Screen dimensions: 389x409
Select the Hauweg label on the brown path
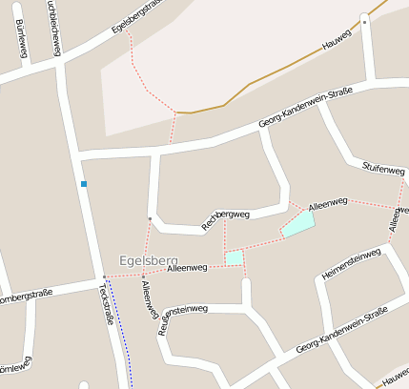click(x=337, y=38)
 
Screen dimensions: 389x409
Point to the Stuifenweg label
click(x=384, y=169)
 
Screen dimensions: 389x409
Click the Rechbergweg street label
click(x=225, y=218)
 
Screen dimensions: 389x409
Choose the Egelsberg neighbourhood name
click(x=149, y=259)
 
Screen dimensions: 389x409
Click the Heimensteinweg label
click(x=351, y=262)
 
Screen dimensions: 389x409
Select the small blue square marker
click(x=84, y=183)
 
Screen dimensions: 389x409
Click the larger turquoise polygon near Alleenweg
click(x=298, y=224)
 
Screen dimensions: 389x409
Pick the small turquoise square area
click(x=234, y=257)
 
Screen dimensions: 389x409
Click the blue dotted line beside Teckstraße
click(x=119, y=334)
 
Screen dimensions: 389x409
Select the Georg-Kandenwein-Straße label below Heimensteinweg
click(x=341, y=329)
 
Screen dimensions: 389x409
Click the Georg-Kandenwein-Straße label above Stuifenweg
click(x=305, y=109)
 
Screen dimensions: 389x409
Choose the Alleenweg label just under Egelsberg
click(x=186, y=270)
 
